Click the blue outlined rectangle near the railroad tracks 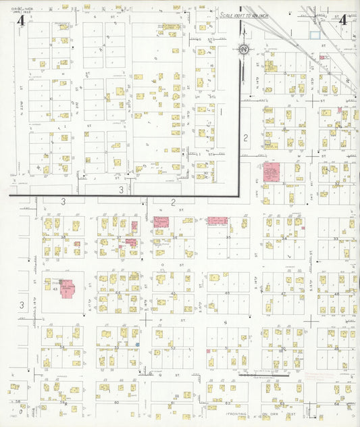click(x=315, y=33)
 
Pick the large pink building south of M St click(x=273, y=172)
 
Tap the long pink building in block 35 click(x=217, y=221)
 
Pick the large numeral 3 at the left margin click(x=21, y=305)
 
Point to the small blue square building click(x=137, y=345)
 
